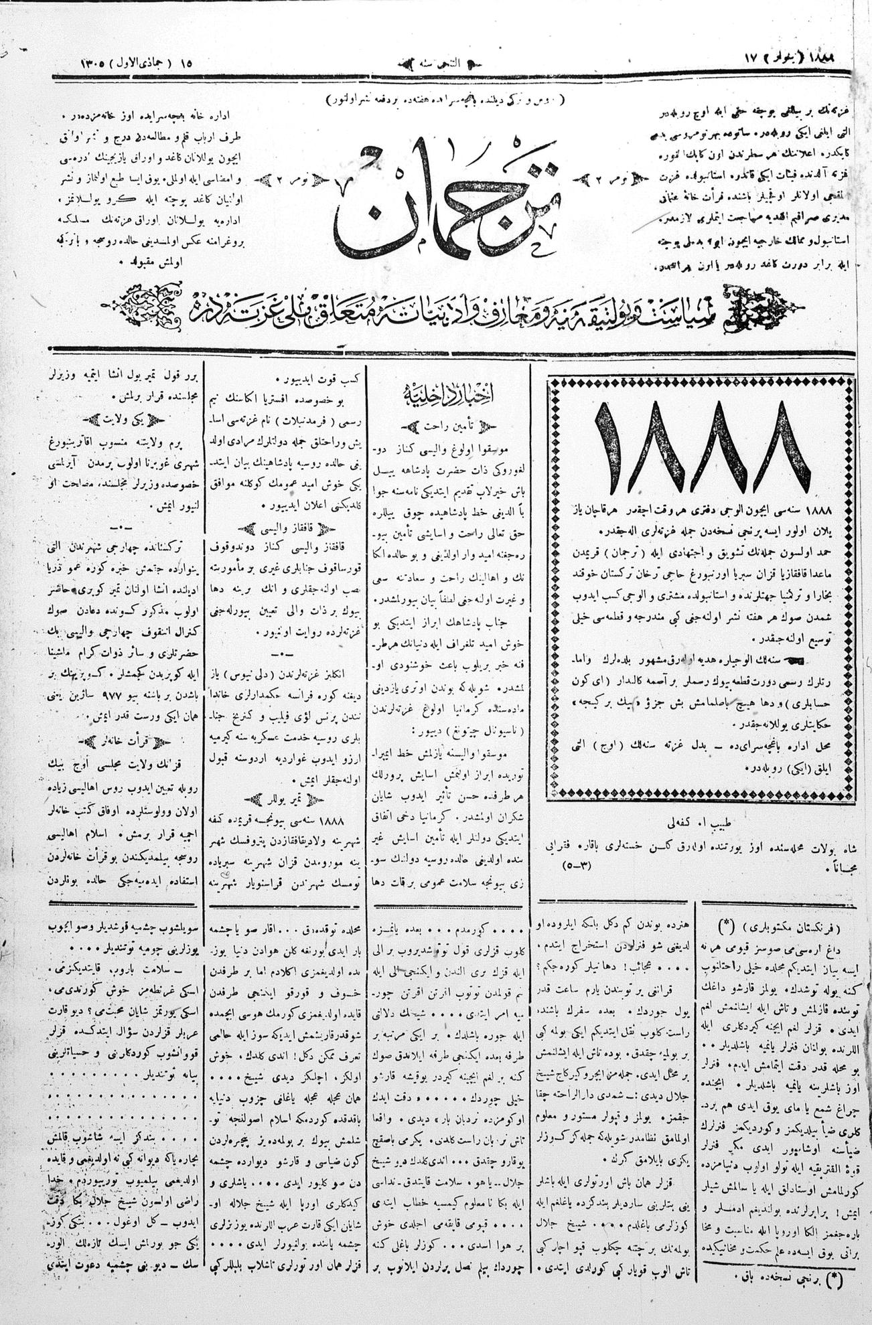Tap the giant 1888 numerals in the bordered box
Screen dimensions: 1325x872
pos(701,448)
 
